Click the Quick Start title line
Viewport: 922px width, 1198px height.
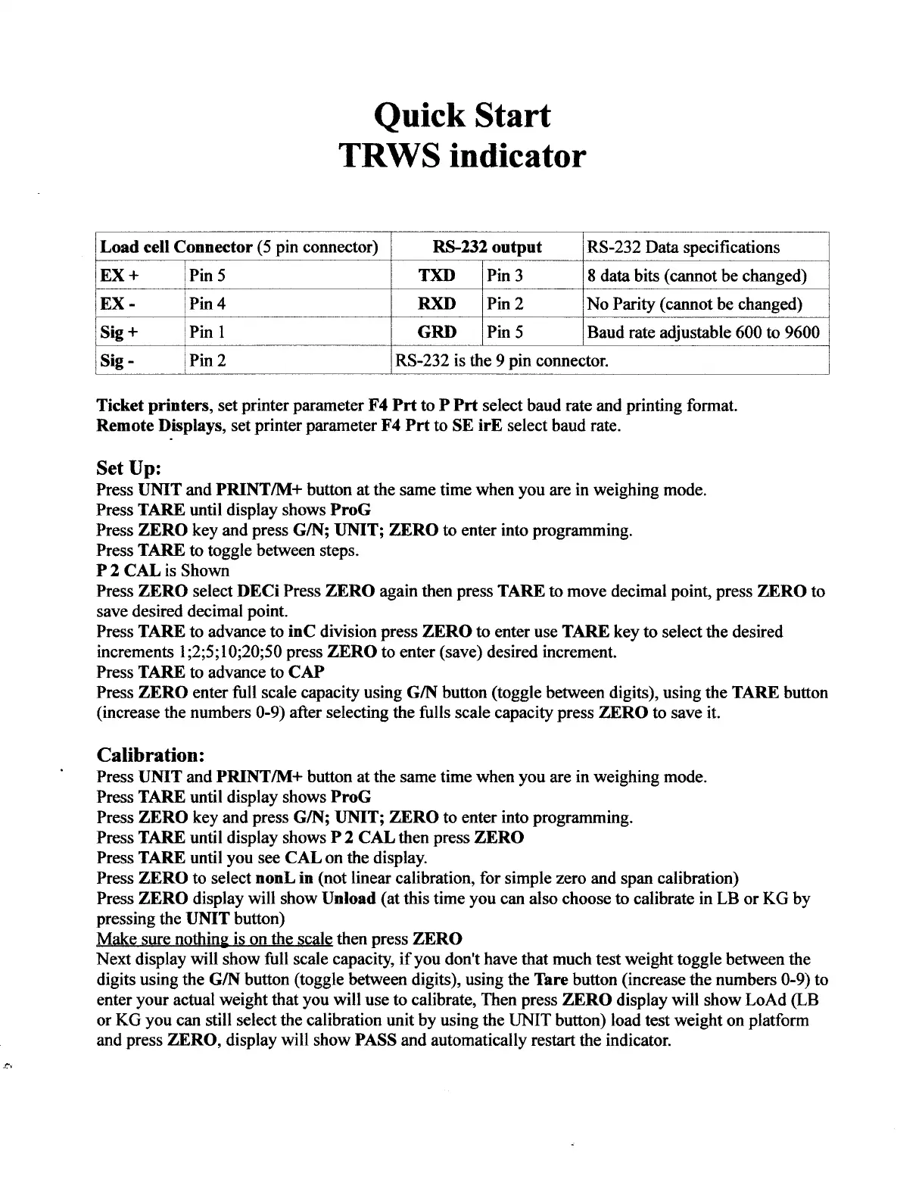(x=462, y=115)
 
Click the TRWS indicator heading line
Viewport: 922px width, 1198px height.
(x=462, y=156)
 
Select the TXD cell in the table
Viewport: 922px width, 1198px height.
(x=437, y=275)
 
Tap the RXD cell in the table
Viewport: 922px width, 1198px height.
(x=437, y=304)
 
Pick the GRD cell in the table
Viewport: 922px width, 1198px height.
(x=437, y=332)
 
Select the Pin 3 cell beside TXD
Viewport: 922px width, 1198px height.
(x=505, y=275)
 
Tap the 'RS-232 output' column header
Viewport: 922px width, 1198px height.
(x=487, y=247)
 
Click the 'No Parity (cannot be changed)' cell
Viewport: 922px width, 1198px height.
(x=695, y=304)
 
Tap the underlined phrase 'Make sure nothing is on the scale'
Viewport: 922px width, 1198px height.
(x=215, y=939)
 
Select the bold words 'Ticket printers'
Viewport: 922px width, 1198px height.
(x=154, y=405)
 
